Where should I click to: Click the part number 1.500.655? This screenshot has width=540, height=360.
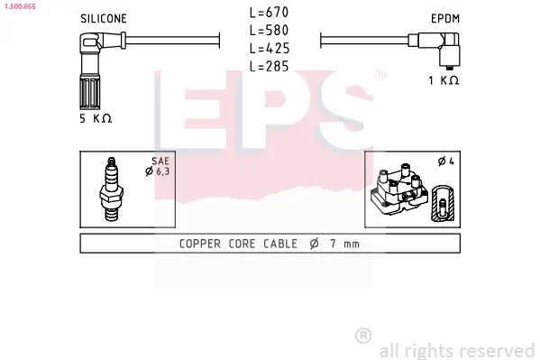pyautogui.click(x=20, y=6)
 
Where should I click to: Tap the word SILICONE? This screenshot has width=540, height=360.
pyautogui.click(x=104, y=19)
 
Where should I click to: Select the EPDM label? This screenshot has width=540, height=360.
pyautogui.click(x=445, y=19)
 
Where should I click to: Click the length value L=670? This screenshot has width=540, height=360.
pyautogui.click(x=270, y=13)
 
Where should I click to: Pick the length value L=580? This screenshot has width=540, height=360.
pyautogui.click(x=270, y=31)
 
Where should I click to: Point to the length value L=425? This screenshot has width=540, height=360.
pyautogui.click(x=270, y=49)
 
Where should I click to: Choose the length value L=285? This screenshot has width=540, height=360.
pyautogui.click(x=270, y=66)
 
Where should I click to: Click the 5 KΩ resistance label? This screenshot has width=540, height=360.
pyautogui.click(x=96, y=118)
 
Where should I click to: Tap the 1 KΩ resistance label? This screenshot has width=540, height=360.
pyautogui.click(x=444, y=80)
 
